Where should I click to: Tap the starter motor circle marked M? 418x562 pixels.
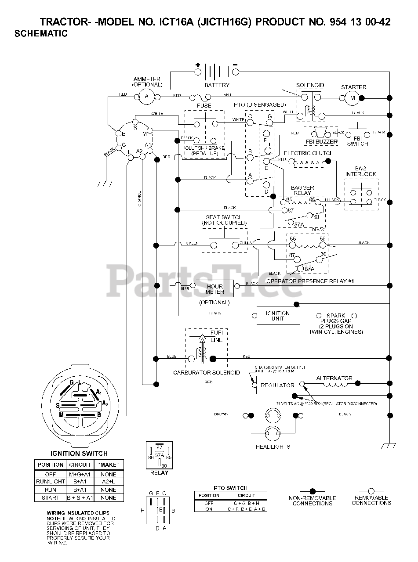(352, 99)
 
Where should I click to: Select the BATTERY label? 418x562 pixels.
(217, 85)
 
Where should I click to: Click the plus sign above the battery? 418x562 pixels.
(198, 65)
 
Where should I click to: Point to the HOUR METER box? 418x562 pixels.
(215, 289)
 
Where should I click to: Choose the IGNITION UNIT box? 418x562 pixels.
(278, 316)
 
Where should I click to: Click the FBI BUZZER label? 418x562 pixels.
(321, 143)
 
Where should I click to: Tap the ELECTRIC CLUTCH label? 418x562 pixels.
(309, 153)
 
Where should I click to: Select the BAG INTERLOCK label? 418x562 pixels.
(361, 171)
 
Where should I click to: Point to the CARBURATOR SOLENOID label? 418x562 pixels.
(207, 372)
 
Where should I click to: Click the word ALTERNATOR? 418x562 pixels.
(334, 378)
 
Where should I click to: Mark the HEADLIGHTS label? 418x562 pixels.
(273, 447)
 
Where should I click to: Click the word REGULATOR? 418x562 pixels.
(278, 385)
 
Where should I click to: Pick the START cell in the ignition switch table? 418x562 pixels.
(50, 498)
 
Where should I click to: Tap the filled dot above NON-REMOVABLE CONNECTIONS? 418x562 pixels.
(312, 491)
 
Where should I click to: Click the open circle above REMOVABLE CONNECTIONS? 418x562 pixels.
(371, 491)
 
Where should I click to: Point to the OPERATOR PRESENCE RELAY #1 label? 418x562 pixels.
(310, 281)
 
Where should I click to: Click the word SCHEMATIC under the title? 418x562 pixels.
(41, 34)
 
